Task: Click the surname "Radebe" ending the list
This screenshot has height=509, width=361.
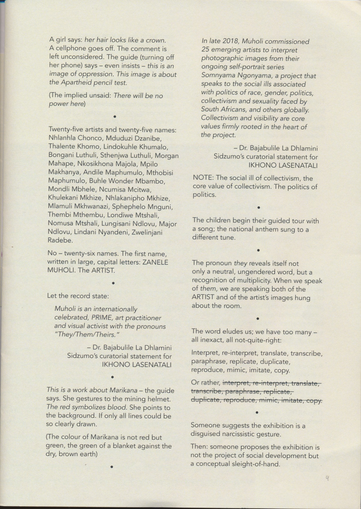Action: (x=60, y=241)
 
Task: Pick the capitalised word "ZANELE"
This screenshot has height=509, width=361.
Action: (x=155, y=262)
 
